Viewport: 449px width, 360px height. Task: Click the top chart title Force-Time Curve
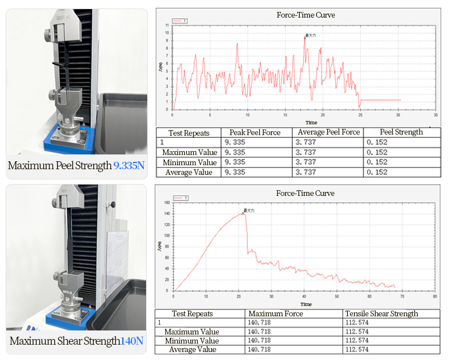[x=306, y=15]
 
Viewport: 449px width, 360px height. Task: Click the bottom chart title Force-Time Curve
[x=306, y=193]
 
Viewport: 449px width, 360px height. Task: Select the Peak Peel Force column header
[x=255, y=132]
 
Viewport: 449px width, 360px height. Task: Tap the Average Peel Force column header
[x=329, y=132]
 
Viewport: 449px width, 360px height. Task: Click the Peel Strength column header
[x=401, y=132]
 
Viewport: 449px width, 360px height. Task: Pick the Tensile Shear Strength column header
[x=381, y=313]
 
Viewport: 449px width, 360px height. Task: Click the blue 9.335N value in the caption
[x=129, y=166]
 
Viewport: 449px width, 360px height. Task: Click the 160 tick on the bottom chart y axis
[x=167, y=203]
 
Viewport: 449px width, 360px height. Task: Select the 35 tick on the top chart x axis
[x=435, y=115]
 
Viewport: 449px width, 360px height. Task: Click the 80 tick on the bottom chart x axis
[x=435, y=296]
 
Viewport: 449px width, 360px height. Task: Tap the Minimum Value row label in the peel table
[x=189, y=162]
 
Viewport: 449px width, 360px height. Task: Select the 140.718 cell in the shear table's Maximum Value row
[x=259, y=332]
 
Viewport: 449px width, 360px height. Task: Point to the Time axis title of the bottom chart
[x=306, y=304]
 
